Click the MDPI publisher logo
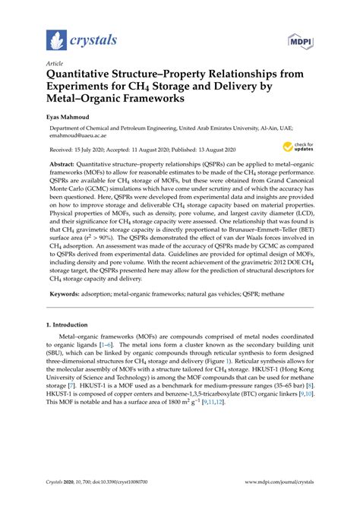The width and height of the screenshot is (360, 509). coord(302,38)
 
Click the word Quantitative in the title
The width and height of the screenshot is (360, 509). coord(88,75)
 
